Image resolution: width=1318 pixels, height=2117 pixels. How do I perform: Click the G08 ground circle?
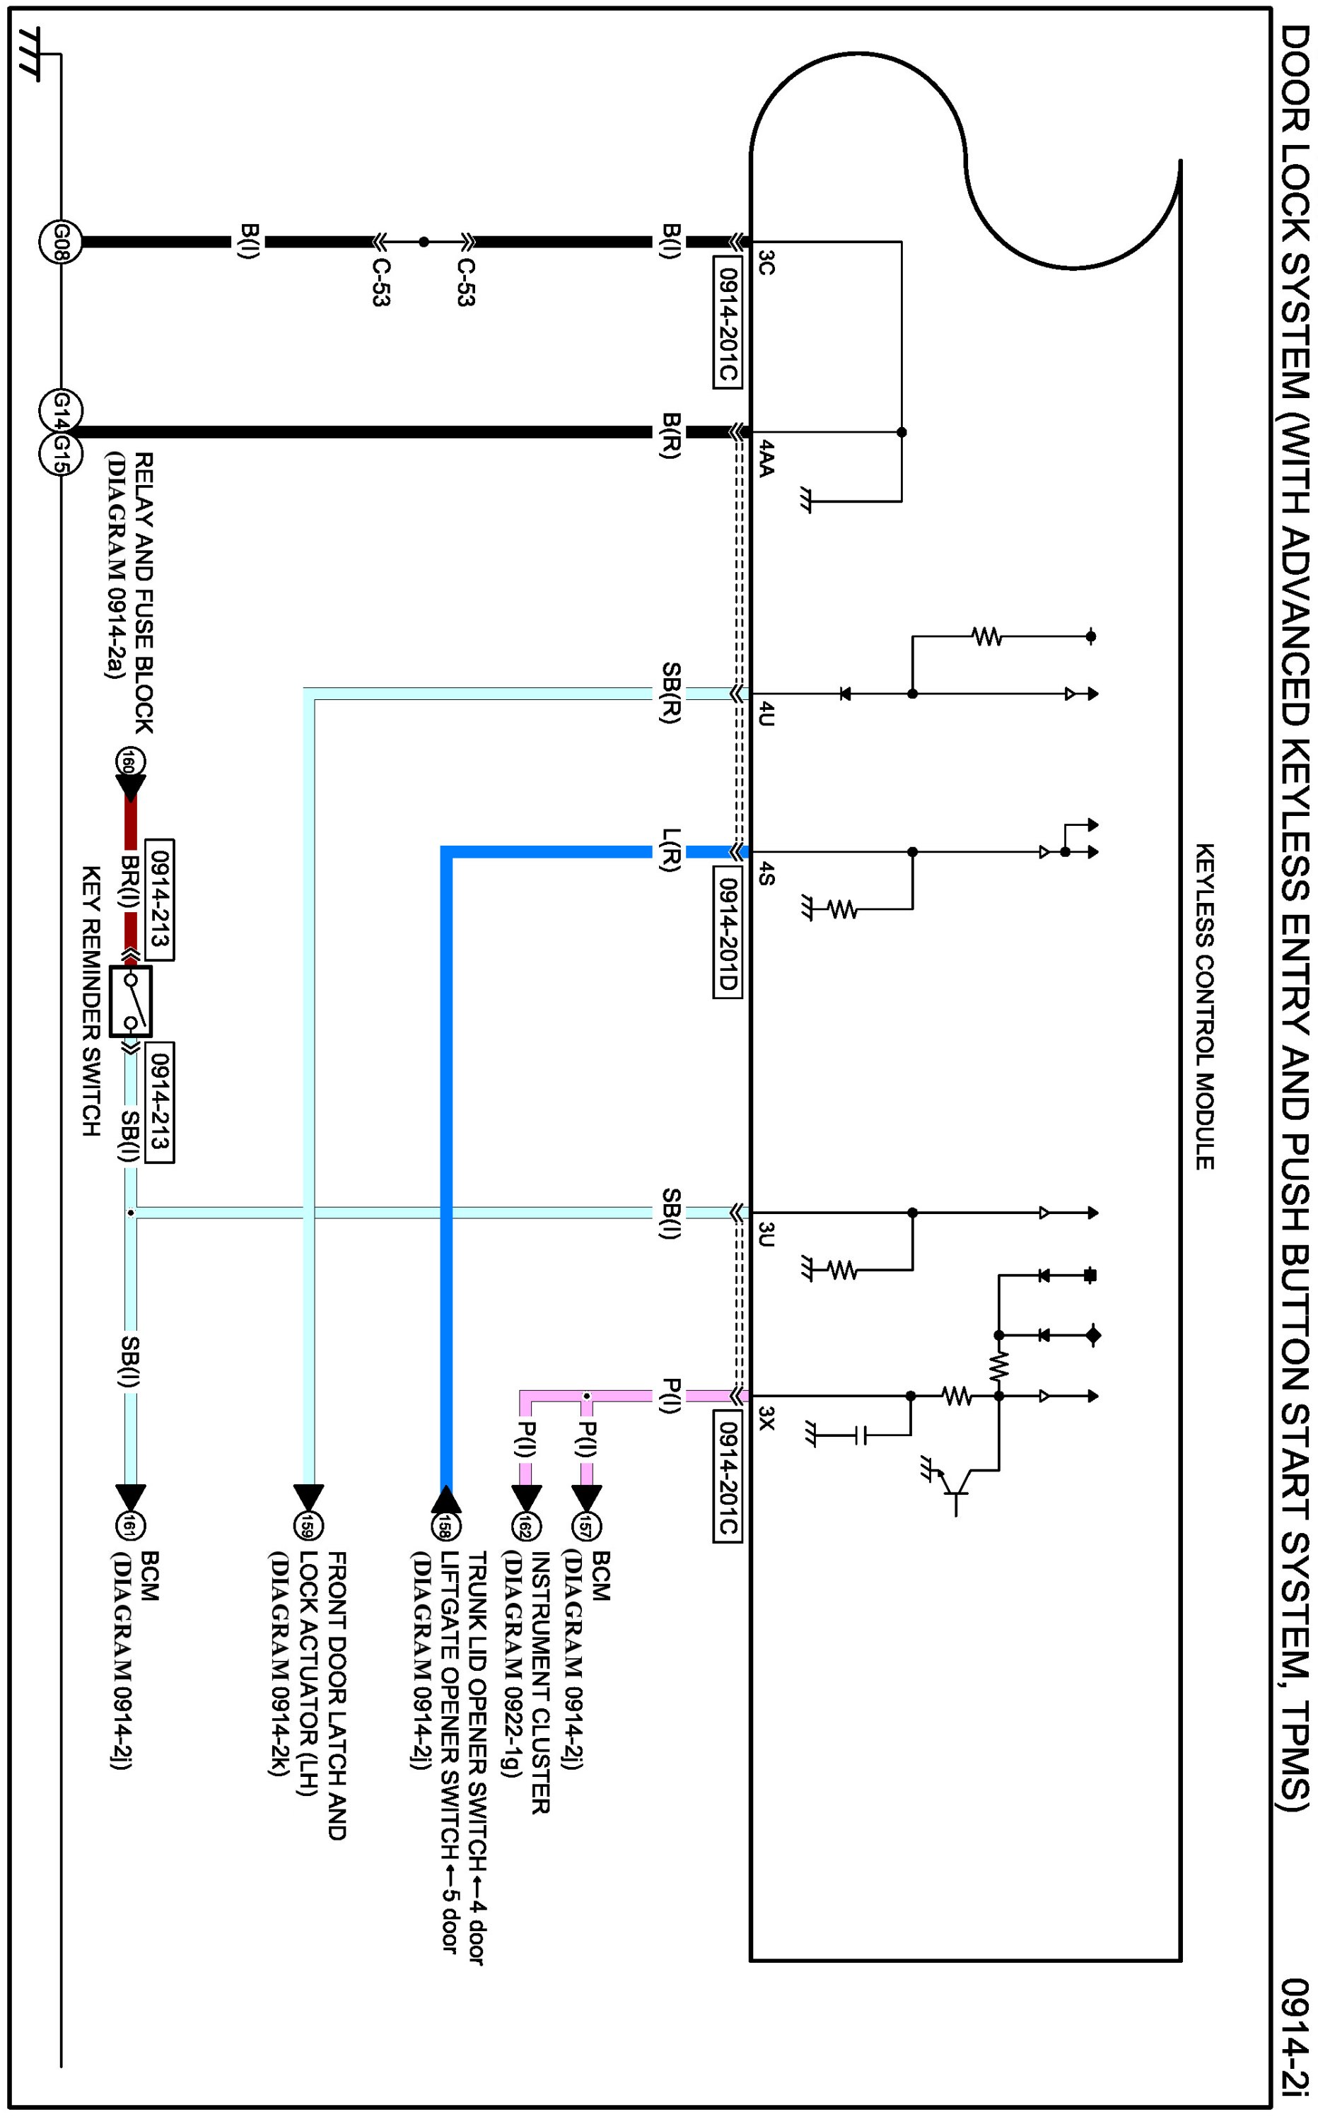click(60, 241)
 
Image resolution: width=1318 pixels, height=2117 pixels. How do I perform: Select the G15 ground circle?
click(60, 453)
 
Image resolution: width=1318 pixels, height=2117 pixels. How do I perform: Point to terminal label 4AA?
click(765, 458)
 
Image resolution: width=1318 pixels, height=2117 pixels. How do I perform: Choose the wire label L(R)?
click(670, 850)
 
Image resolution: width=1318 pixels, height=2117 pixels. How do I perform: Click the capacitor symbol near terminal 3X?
click(861, 1435)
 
